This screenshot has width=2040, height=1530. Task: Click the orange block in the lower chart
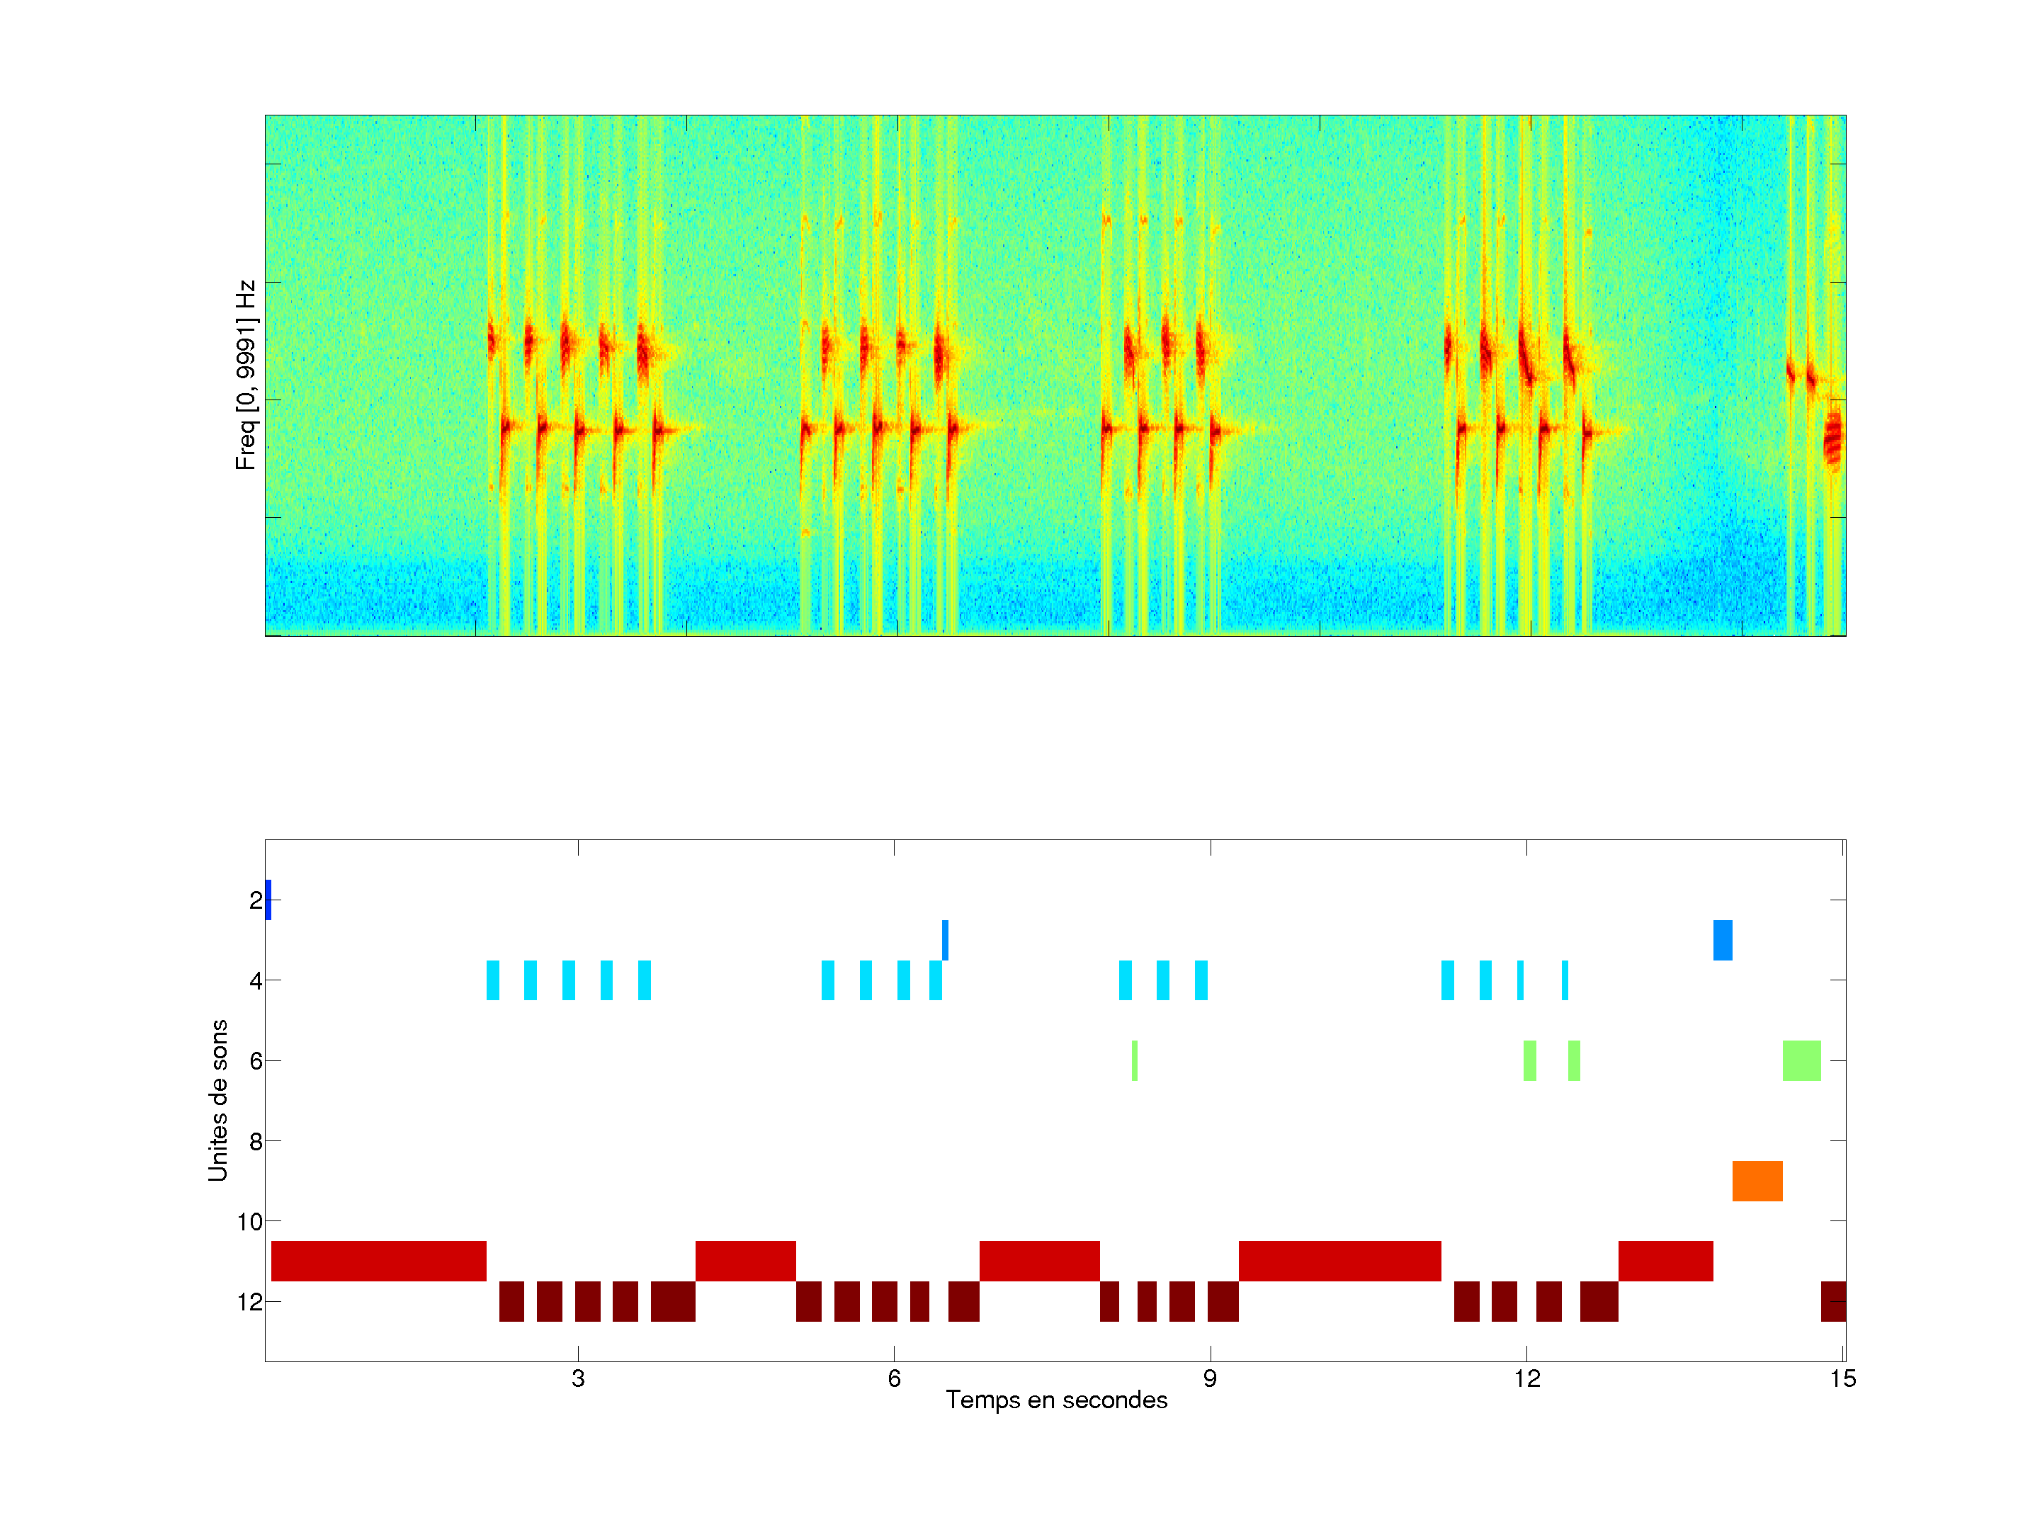(x=1757, y=1181)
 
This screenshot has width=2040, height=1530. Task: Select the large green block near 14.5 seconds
(x=1801, y=1060)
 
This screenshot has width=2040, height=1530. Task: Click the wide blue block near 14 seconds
(x=1723, y=940)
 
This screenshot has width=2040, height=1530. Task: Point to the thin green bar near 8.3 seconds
(x=1134, y=1060)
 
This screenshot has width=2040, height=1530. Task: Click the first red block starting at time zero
(x=378, y=1261)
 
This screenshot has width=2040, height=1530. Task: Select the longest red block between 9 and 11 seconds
(x=1339, y=1261)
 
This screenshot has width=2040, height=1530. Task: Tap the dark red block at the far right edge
(x=1833, y=1301)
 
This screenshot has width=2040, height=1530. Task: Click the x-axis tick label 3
(x=578, y=1378)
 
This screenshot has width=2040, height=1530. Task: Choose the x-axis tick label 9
(x=1210, y=1378)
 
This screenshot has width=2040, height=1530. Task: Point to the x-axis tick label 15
(x=1842, y=1378)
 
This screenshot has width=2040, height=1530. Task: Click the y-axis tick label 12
(x=250, y=1302)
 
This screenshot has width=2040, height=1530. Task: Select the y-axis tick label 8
(x=256, y=1142)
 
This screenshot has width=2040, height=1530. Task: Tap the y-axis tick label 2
(x=256, y=900)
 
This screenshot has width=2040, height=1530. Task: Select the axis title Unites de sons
(x=217, y=1100)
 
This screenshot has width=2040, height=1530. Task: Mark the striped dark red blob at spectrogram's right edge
(x=1832, y=437)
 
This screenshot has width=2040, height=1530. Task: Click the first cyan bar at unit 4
(x=492, y=980)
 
